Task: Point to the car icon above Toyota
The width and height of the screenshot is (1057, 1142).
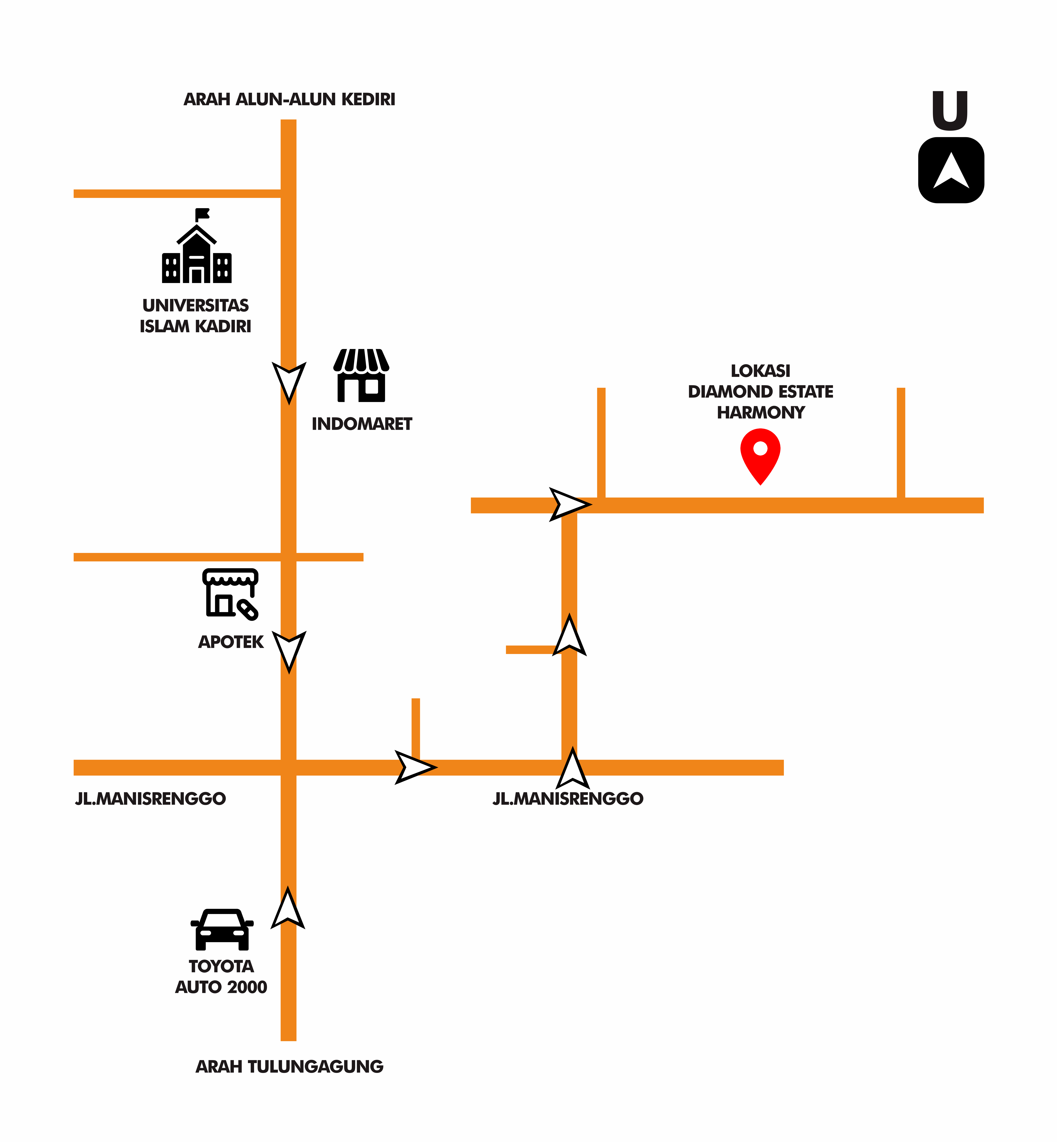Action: (222, 929)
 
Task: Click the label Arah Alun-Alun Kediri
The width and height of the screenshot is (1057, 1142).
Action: (289, 99)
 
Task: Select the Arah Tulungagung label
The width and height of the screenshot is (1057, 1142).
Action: (289, 1067)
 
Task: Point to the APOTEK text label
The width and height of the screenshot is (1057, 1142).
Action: (231, 642)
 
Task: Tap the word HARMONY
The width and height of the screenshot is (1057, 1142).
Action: (761, 412)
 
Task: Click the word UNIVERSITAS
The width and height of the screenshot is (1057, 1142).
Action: (196, 305)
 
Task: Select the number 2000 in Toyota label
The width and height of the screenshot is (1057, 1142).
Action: (247, 987)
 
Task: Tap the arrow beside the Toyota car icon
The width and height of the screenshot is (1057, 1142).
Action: (288, 909)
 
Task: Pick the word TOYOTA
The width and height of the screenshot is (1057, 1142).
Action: (221, 966)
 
